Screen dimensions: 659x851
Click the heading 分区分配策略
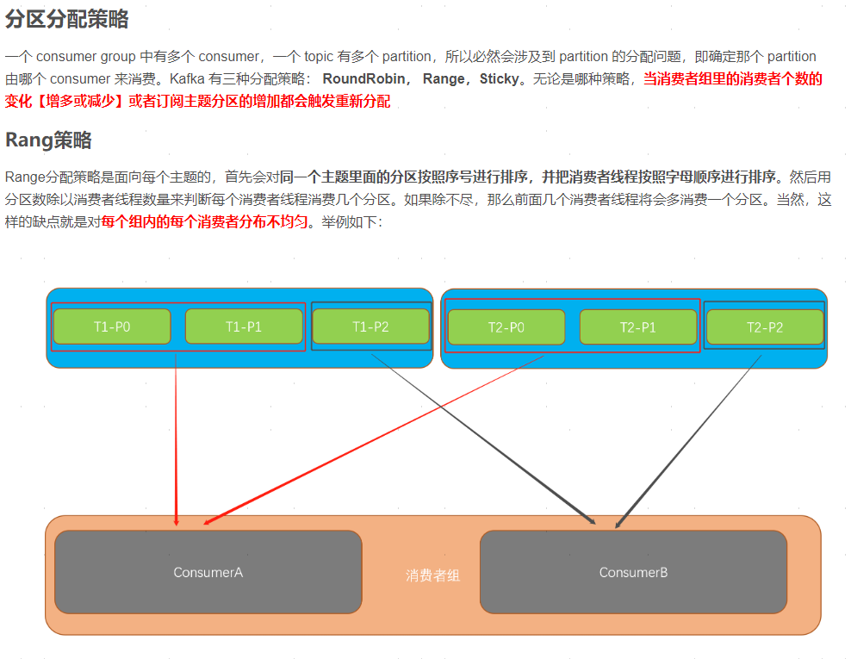click(x=67, y=20)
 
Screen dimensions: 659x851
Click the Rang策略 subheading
click(x=48, y=140)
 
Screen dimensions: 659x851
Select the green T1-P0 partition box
click(x=112, y=326)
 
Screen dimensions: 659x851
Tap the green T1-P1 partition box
click(x=244, y=326)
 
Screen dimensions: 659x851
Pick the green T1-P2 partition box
click(x=370, y=326)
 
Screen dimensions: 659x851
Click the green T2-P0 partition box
click(x=506, y=327)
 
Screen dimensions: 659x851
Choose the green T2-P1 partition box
click(x=637, y=327)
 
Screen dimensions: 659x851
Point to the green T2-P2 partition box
click(x=764, y=327)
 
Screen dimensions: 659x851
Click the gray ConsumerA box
click(x=208, y=572)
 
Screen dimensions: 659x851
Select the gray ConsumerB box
click(x=633, y=572)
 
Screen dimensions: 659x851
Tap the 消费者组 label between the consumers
click(x=432, y=575)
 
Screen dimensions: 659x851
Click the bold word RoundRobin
click(x=363, y=79)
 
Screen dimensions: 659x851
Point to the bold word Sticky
click(x=499, y=79)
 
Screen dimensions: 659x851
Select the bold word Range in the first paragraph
click(x=444, y=79)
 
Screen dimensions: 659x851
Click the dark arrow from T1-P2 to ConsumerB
click(x=482, y=439)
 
